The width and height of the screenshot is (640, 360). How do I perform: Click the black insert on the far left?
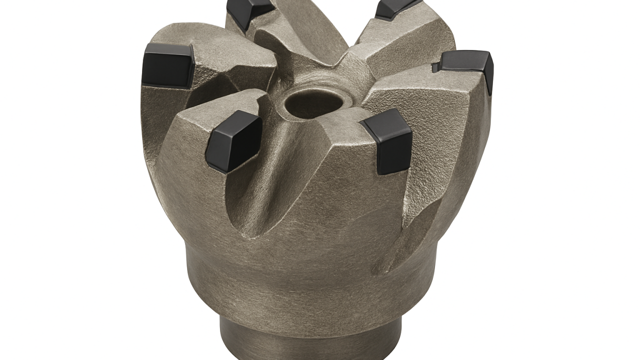click(167, 65)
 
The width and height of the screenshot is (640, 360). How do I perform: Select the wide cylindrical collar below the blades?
click(310, 280)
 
